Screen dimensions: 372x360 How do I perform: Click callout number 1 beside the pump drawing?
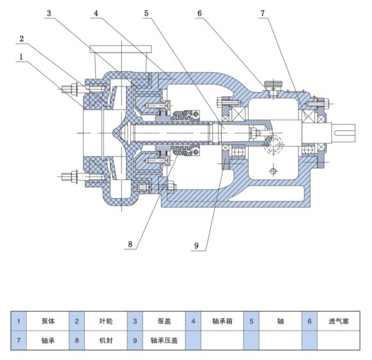[x=21, y=57]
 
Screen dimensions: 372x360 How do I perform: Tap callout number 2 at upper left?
[x=22, y=38]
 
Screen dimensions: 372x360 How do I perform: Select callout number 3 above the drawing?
[x=49, y=13]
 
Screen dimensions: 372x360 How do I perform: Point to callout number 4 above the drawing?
[x=96, y=13]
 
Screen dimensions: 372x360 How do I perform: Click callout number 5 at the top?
[x=146, y=13]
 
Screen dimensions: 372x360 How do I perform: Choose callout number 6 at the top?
[x=200, y=13]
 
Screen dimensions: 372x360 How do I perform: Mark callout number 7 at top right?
[x=263, y=13]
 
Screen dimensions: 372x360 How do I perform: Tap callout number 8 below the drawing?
[x=130, y=244]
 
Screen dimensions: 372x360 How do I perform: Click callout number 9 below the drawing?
[x=196, y=246]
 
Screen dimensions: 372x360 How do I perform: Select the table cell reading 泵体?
[x=48, y=321]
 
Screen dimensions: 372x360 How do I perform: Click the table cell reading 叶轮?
[x=106, y=321]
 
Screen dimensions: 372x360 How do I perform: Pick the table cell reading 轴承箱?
[x=222, y=321]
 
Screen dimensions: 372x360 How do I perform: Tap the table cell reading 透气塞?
[x=339, y=321]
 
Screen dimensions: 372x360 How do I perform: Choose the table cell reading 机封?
[x=106, y=341]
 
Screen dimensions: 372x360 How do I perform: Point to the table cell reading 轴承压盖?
[x=164, y=341]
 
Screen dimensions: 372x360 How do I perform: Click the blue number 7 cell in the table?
[x=19, y=341]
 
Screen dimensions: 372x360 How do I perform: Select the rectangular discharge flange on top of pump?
[x=121, y=49]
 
